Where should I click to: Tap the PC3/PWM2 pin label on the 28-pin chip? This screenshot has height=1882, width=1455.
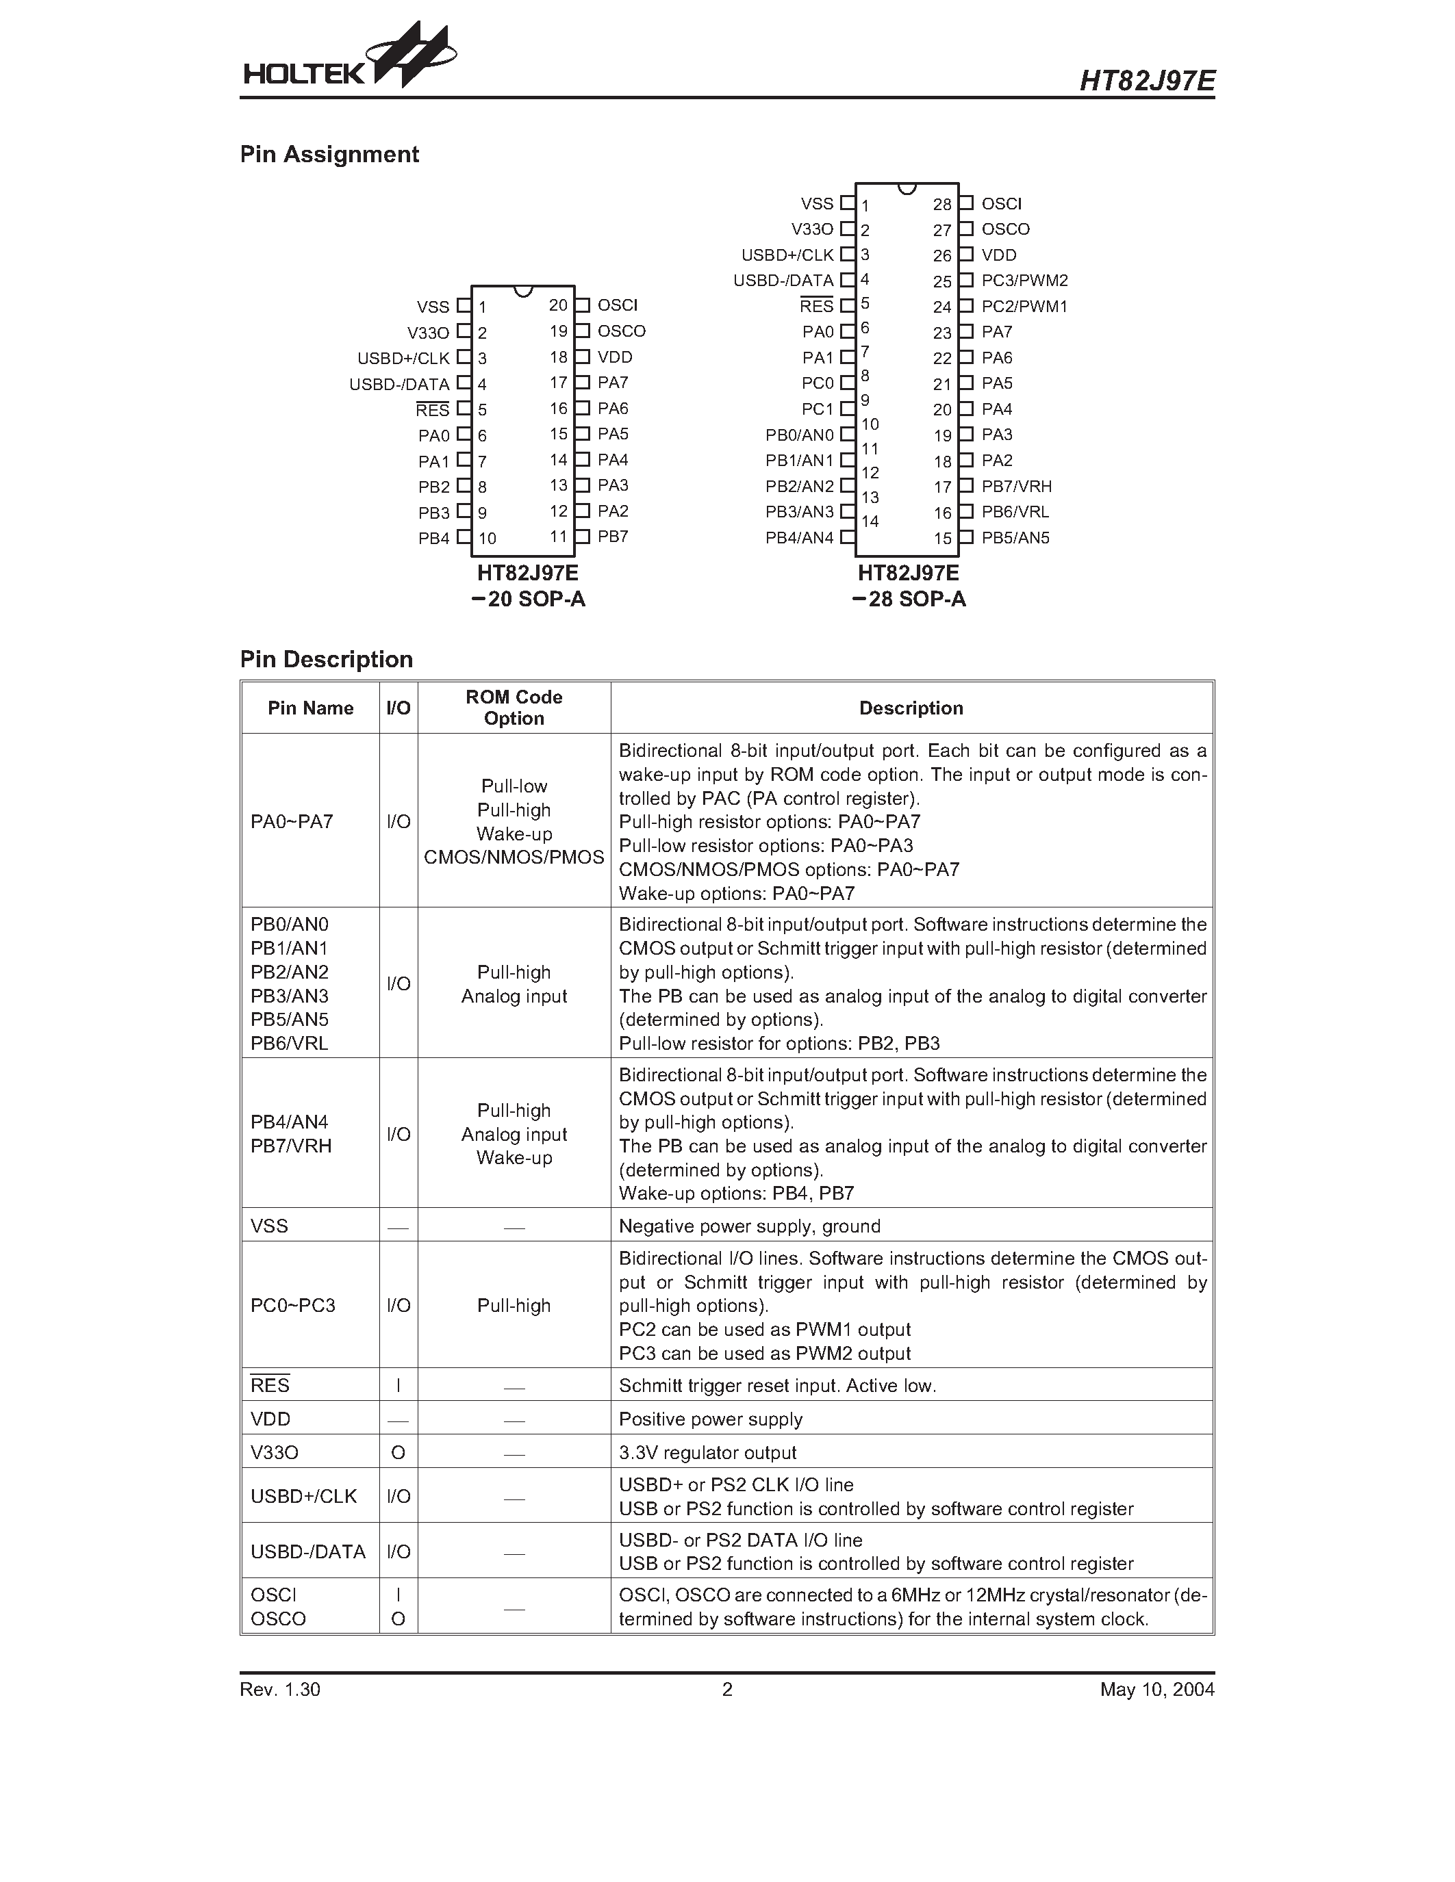coord(1024,281)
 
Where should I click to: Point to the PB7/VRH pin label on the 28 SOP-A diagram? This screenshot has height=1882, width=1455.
coord(1016,487)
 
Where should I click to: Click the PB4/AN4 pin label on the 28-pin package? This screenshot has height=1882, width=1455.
coord(799,539)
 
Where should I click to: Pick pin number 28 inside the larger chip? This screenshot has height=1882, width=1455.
coord(941,205)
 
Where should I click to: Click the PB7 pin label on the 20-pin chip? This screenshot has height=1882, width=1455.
coord(613,537)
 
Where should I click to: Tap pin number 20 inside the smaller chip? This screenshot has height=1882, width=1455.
coord(557,306)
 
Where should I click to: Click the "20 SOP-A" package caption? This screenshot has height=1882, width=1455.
coord(529,600)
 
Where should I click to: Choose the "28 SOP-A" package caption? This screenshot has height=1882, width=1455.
coord(909,600)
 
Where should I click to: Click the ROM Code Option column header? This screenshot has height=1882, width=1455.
coord(514,708)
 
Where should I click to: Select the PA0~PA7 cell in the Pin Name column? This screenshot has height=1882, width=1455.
coord(292,821)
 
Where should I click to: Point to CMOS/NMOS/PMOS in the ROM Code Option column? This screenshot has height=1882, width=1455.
coord(514,858)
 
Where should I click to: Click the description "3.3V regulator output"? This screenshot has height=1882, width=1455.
coord(707,1453)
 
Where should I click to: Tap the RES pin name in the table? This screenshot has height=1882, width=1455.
coord(270,1386)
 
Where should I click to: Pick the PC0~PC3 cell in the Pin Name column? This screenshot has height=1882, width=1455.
coord(292,1306)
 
